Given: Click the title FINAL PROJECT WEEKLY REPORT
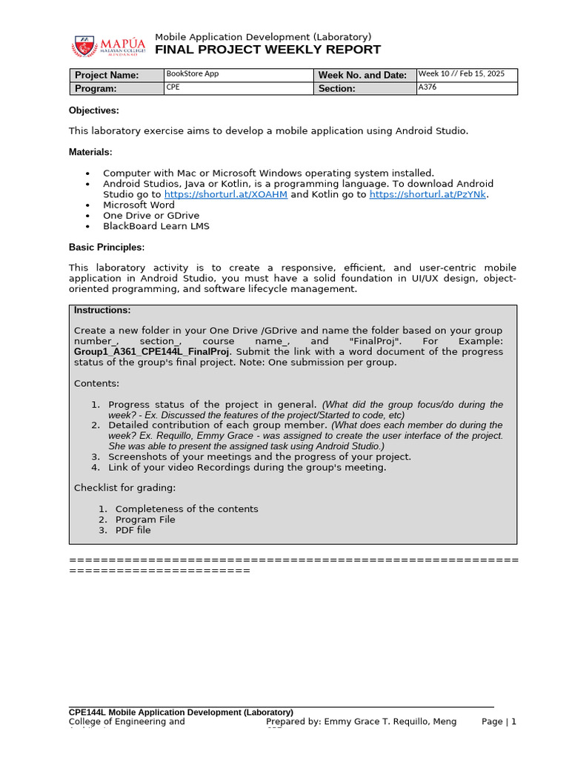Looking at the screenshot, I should click(x=267, y=50).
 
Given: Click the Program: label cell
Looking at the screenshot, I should click(x=116, y=88).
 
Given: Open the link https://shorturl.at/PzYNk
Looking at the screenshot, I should click(x=428, y=194).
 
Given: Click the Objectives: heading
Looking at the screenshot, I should click(x=93, y=110).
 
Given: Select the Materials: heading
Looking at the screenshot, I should click(x=90, y=152).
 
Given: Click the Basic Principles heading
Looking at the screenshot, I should click(x=106, y=247).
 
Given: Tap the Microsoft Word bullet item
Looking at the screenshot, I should click(x=139, y=205).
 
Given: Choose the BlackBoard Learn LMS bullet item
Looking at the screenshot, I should click(x=156, y=226).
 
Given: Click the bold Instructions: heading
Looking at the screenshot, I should click(x=102, y=310).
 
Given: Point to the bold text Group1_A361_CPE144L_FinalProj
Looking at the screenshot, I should click(x=152, y=351).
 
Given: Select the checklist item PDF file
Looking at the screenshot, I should click(x=133, y=530).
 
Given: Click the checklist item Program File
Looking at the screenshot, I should click(x=145, y=520).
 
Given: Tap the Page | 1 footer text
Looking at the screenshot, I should click(x=499, y=721).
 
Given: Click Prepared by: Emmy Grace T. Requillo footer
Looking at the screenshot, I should click(x=361, y=721).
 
